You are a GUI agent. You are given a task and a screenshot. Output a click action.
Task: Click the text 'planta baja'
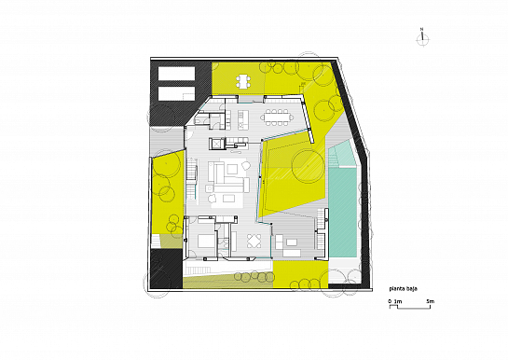(x=405, y=289)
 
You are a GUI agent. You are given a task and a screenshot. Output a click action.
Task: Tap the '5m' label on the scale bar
(x=430, y=303)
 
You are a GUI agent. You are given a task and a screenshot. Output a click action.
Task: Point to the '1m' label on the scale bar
(x=398, y=303)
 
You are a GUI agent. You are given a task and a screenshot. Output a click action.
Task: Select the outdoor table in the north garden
(x=244, y=81)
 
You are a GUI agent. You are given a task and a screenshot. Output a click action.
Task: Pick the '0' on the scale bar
(x=390, y=303)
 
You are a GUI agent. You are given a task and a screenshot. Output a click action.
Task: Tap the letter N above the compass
(x=422, y=31)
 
